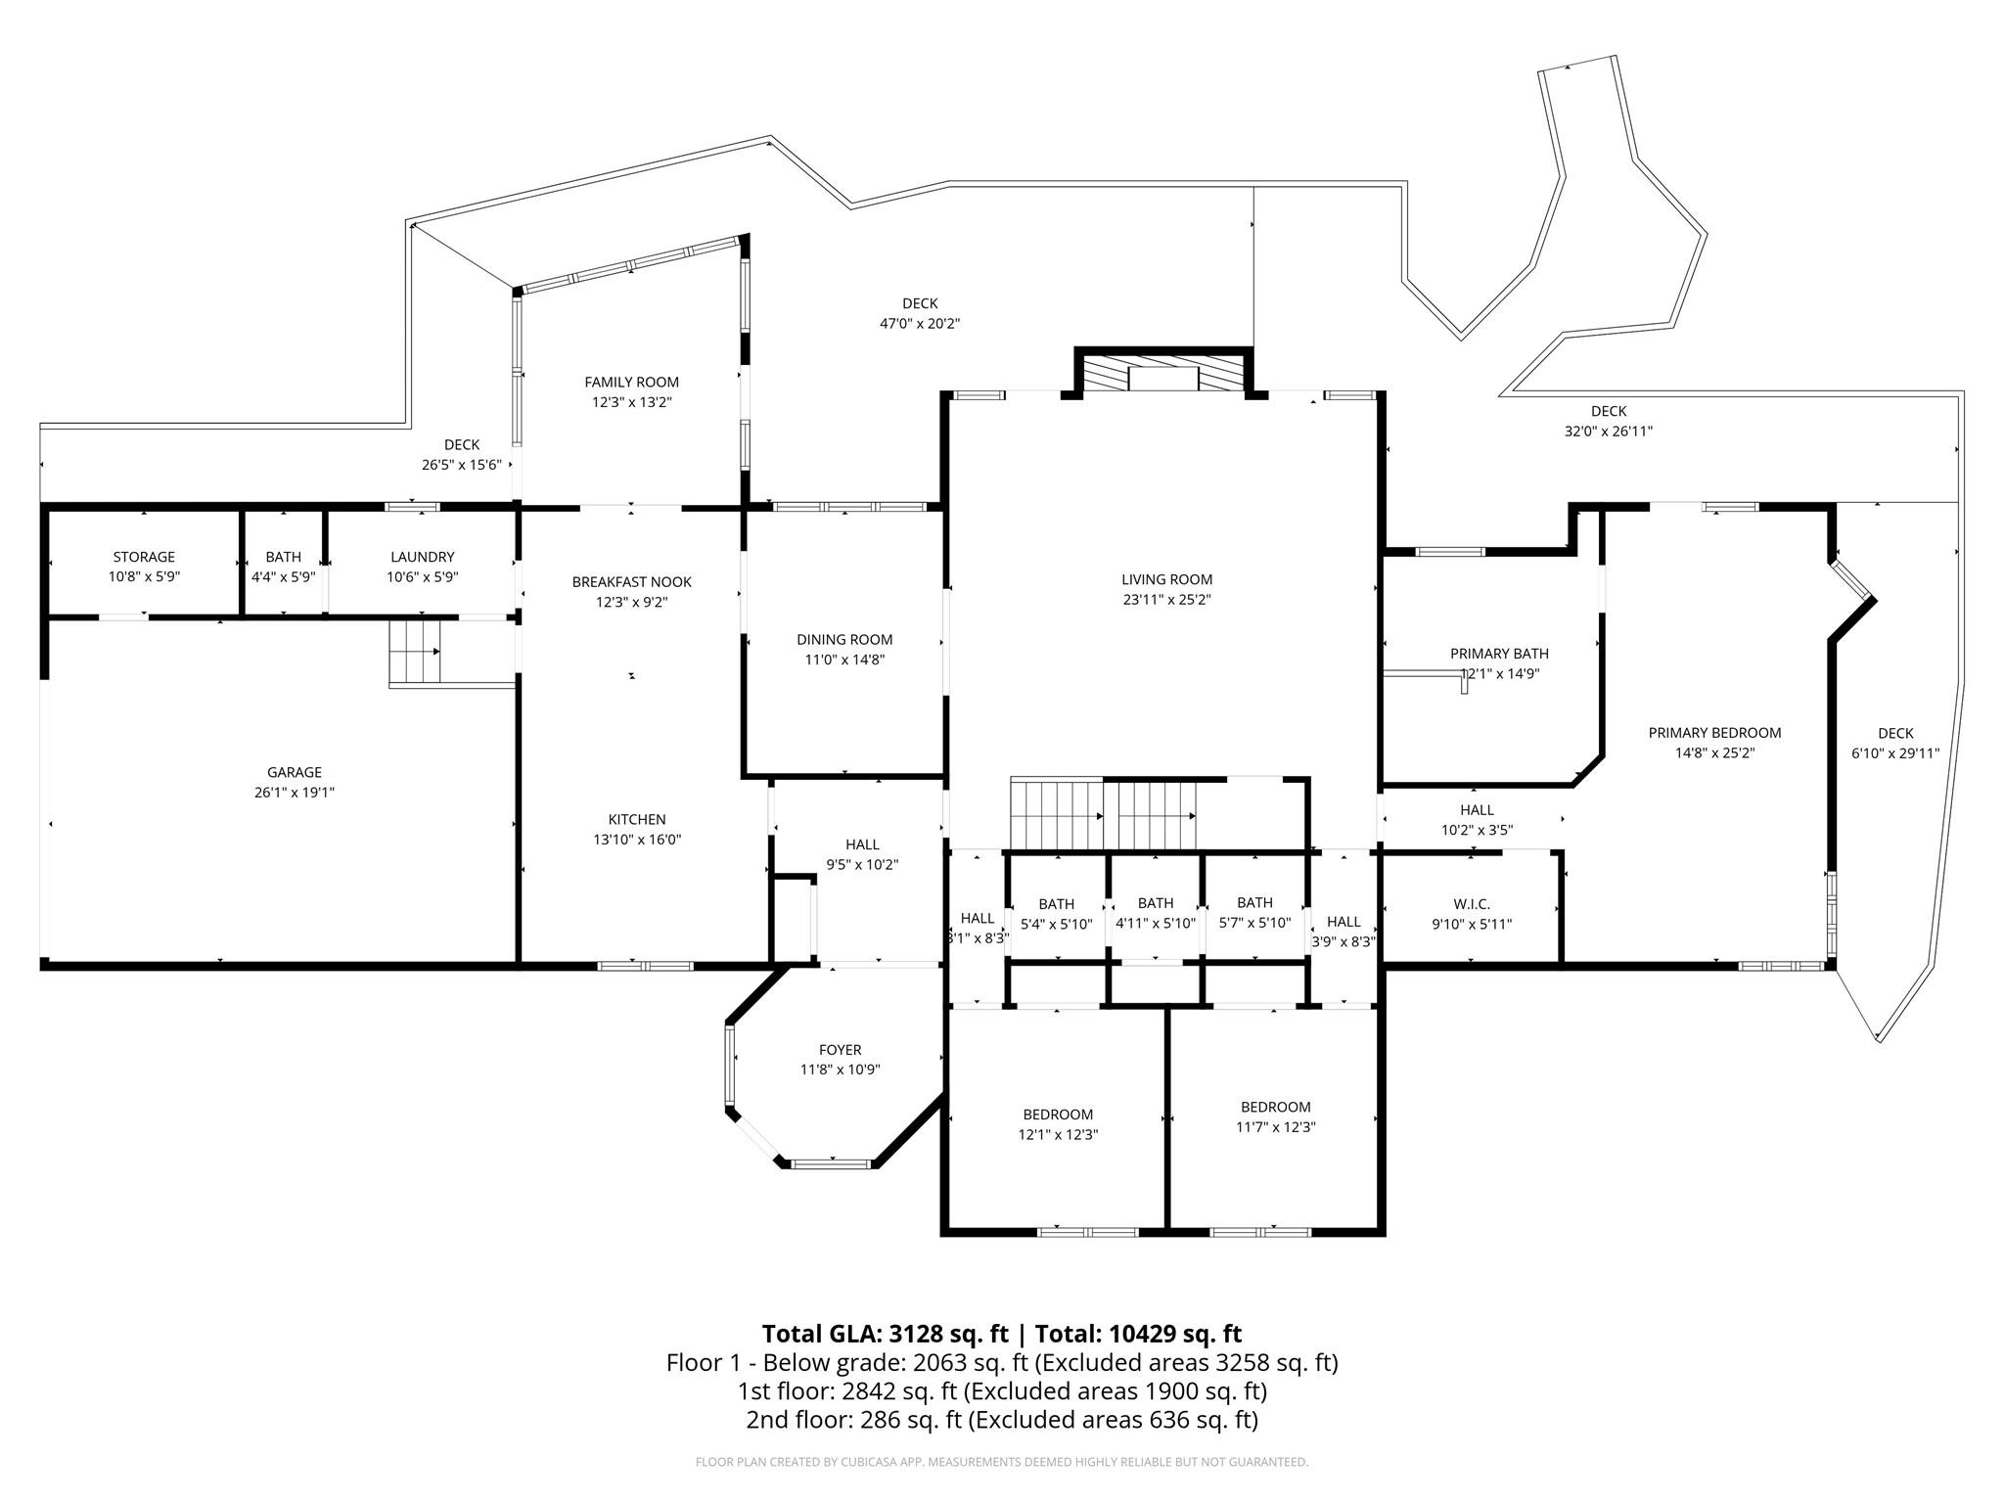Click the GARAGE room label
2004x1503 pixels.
[294, 772]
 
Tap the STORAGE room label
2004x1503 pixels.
[144, 557]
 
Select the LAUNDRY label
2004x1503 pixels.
[422, 557]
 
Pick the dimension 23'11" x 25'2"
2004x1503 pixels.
[1166, 600]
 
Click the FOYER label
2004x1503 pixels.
[840, 1050]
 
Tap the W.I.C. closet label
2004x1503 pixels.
[1471, 904]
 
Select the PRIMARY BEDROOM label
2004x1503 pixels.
[1714, 733]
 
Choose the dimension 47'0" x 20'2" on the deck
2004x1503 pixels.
[919, 324]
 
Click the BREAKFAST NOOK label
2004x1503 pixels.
[631, 582]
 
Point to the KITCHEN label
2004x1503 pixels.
[636, 819]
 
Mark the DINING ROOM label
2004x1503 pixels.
[843, 640]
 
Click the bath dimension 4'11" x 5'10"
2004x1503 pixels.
[1155, 923]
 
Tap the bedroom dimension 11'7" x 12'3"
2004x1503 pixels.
[1275, 1127]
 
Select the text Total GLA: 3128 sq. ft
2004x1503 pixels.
[884, 1334]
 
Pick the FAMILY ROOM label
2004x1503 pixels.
[631, 383]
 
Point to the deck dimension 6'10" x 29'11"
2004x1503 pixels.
[1894, 753]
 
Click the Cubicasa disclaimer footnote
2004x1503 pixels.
[1001, 1462]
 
